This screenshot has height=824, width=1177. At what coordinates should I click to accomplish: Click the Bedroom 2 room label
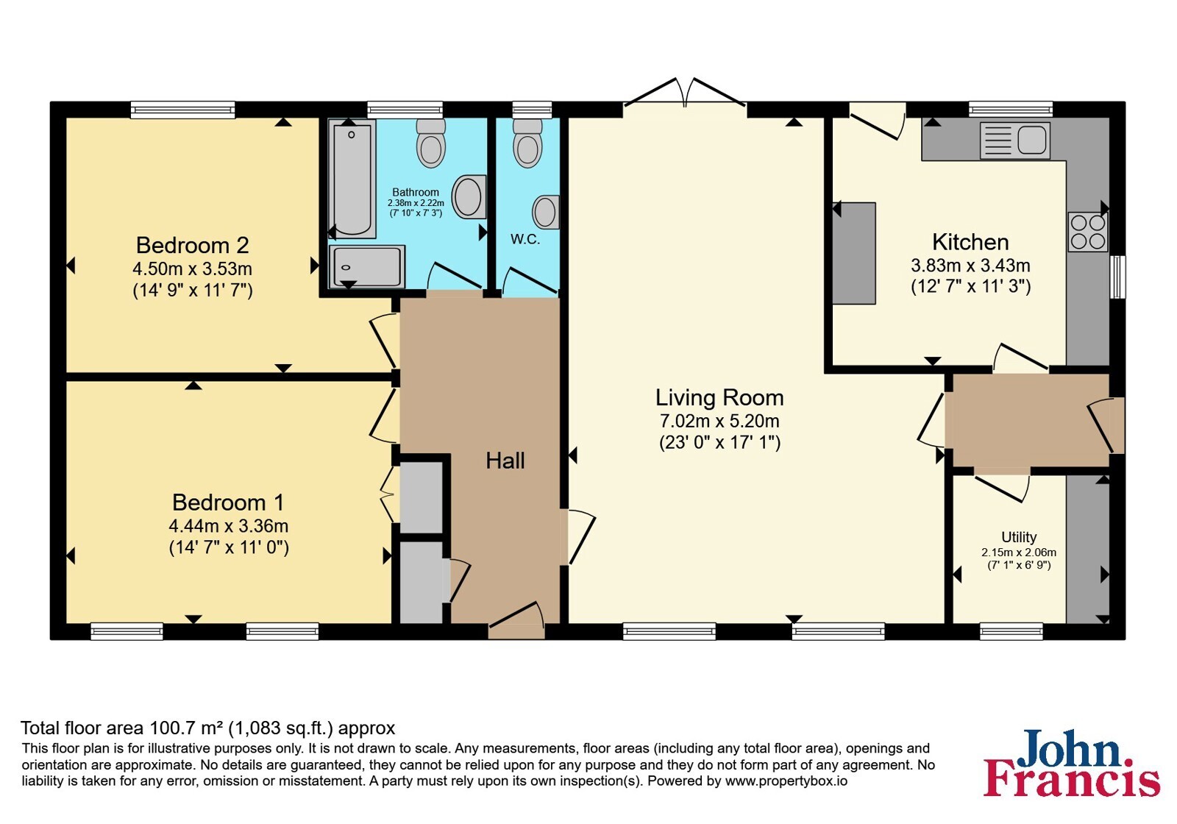tap(192, 246)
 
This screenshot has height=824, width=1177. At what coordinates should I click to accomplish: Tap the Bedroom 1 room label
tap(228, 502)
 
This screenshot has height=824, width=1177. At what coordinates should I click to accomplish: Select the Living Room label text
tap(719, 398)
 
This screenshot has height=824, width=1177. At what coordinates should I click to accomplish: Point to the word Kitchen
tap(970, 242)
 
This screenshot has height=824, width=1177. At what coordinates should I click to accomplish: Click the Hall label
tap(505, 461)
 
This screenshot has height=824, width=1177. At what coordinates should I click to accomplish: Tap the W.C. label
tap(525, 239)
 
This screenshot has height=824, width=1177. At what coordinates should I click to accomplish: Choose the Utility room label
tap(1019, 537)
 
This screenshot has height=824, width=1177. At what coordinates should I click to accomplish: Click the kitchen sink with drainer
tap(1014, 141)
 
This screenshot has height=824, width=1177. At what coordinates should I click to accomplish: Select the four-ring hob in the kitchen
tap(1088, 232)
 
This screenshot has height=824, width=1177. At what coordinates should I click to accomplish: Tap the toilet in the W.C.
tap(527, 142)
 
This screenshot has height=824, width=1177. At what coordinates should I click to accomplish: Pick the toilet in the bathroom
tap(431, 143)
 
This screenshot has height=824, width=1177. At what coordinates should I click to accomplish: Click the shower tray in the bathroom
tap(367, 266)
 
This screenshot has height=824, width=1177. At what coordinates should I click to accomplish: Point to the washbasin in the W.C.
tap(546, 212)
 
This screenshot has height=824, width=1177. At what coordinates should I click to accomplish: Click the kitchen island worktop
tap(854, 253)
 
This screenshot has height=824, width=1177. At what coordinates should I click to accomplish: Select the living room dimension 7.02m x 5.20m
tap(719, 421)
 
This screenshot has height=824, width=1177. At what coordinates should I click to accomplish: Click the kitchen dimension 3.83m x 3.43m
tap(970, 266)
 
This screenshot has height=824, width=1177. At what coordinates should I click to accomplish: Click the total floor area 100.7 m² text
tap(207, 728)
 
